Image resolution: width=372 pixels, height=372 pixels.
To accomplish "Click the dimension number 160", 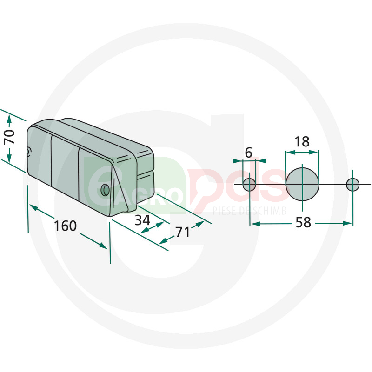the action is coord(66,226).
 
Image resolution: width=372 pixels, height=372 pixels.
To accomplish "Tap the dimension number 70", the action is coord(10,137).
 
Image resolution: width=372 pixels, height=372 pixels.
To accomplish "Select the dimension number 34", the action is coord(143,220).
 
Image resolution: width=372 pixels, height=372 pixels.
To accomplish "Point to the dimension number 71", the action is coord(182,232).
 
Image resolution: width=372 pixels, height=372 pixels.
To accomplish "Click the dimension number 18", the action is coord(302,142).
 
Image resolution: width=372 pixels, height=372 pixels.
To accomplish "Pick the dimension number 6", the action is coord(248,153).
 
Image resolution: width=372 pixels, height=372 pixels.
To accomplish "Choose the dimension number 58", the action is coord(303,223).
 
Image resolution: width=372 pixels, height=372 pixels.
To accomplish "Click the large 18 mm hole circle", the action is coord(302,184).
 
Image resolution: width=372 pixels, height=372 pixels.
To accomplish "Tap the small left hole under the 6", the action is coord(249,184).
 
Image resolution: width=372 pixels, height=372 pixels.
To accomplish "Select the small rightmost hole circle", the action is coord(353,184).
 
